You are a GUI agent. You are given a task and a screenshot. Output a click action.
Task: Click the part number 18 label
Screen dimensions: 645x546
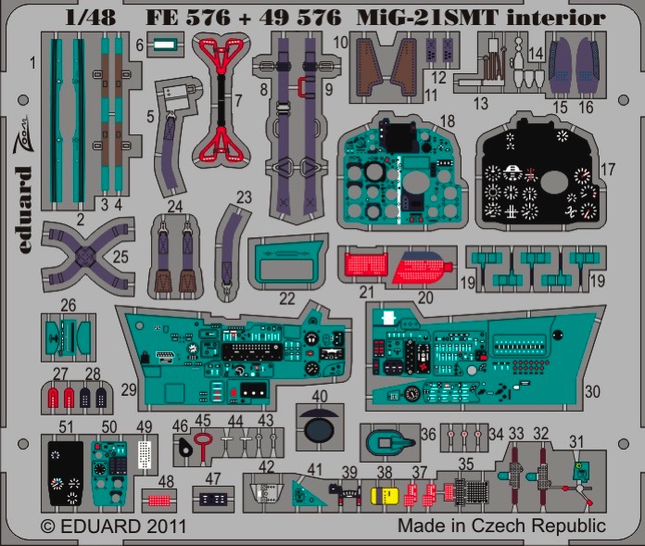click(447, 121)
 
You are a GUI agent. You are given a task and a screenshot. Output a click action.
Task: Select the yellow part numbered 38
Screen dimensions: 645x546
click(385, 496)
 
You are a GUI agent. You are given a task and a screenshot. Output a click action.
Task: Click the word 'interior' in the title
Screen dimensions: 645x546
click(556, 19)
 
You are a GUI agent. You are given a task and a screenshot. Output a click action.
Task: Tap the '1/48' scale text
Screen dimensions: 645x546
click(91, 18)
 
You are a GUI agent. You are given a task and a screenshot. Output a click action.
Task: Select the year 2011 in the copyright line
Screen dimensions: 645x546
click(165, 527)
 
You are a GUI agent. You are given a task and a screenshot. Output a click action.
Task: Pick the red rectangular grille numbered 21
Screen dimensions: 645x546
click(366, 265)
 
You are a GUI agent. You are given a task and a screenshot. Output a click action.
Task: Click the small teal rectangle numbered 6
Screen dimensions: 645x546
click(165, 44)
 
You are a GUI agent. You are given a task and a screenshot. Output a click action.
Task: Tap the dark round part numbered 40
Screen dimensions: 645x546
click(319, 427)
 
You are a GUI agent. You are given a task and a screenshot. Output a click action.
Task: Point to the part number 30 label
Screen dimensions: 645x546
click(593, 392)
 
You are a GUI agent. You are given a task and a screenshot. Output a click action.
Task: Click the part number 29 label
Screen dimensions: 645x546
click(129, 389)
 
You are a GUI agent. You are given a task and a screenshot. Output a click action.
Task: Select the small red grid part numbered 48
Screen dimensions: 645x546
click(159, 501)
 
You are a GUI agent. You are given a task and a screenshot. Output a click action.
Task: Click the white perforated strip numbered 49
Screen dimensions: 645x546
click(145, 454)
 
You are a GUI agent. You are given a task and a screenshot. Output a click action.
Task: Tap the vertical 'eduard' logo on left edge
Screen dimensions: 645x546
click(25, 210)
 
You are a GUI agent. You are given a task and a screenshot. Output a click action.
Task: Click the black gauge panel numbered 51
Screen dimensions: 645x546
click(66, 473)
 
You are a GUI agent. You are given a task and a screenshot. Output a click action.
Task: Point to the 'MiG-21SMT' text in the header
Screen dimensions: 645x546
click(428, 19)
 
